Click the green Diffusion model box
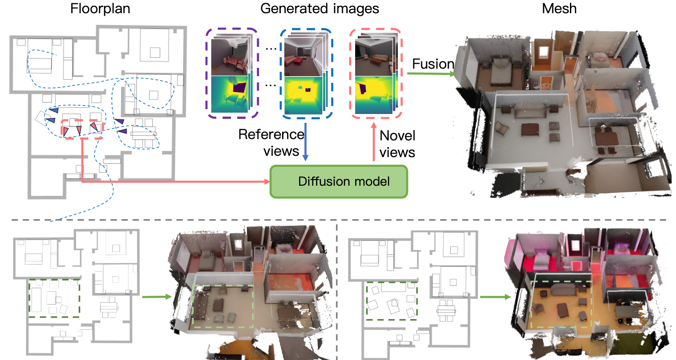pyautogui.click(x=338, y=181)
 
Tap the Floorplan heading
pyautogui.click(x=100, y=8)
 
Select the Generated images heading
pyautogui.click(x=320, y=8)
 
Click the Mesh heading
pyautogui.click(x=559, y=8)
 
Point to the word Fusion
pyautogui.click(x=433, y=64)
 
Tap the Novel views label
pyautogui.click(x=397, y=144)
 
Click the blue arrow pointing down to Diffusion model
pyautogui.click(x=306, y=141)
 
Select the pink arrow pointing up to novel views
pyautogui.click(x=374, y=141)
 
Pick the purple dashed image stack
pyautogui.click(x=231, y=73)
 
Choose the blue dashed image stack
pyautogui.click(x=306, y=73)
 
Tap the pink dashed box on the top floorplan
pyautogui.click(x=81, y=129)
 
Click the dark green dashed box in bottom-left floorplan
pyautogui.click(x=54, y=298)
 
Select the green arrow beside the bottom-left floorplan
pyautogui.click(x=156, y=297)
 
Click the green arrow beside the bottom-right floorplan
pyautogui.click(x=495, y=297)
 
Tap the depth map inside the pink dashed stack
pyautogui.click(x=373, y=95)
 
